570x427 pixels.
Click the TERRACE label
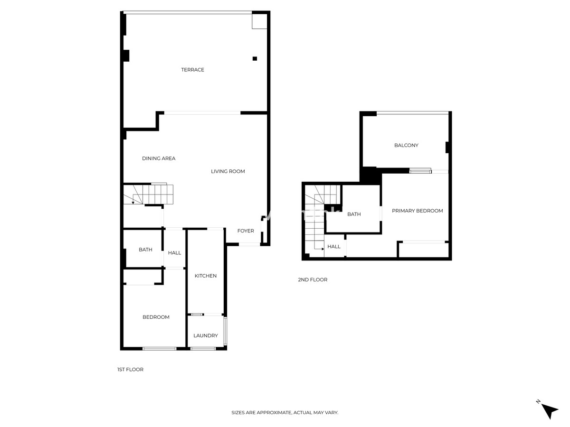point(192,70)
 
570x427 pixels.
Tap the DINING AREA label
point(159,158)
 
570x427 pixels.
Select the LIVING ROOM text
point(228,171)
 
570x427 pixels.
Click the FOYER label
point(246,231)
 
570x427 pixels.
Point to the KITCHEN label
point(206,276)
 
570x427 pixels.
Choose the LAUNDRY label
point(206,335)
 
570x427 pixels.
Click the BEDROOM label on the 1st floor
point(156,317)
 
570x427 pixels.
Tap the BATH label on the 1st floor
point(145,250)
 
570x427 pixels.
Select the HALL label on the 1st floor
point(174,253)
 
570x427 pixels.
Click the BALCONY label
point(406,145)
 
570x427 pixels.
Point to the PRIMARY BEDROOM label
point(417,211)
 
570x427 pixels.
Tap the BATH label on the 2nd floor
point(354,214)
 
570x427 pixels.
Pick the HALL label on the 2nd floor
point(334,247)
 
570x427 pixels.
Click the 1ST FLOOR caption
point(130,370)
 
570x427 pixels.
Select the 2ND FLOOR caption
point(313,280)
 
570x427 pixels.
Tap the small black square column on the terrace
point(255,58)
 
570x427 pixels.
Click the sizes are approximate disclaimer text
point(285,413)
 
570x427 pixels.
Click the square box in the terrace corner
point(259,21)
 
